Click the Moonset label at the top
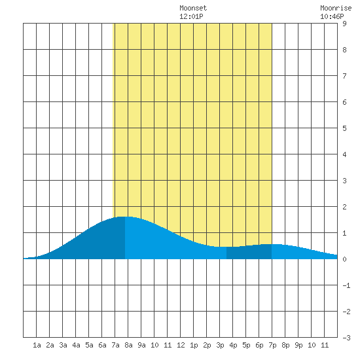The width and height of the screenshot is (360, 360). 193,8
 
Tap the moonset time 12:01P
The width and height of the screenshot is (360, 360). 191,16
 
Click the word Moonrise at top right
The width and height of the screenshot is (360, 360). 336,8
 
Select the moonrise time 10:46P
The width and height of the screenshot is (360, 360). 332,16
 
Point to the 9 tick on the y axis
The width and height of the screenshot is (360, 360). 344,24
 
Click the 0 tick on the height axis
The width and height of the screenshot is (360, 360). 344,259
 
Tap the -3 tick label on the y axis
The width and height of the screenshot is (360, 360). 346,338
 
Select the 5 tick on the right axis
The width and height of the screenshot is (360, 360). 344,128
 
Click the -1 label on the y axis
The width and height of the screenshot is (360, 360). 346,285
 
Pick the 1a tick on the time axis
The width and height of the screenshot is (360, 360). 37,345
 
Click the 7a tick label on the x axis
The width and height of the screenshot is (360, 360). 115,345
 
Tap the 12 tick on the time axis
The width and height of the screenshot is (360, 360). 181,345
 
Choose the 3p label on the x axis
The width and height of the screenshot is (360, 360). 220,345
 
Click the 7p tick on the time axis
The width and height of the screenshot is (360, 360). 272,345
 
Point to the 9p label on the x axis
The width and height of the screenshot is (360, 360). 298,345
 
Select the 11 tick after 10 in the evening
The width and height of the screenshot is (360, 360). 325,345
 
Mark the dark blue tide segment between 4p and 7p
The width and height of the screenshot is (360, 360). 249,252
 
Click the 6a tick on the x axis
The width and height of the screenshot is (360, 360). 102,345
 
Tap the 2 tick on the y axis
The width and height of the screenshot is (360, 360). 344,207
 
